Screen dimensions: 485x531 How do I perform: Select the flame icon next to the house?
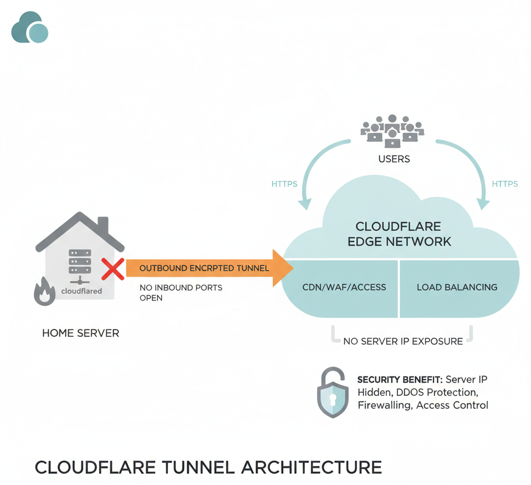click(x=45, y=291)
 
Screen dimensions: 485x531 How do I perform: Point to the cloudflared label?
click(x=81, y=291)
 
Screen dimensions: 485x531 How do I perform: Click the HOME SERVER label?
click(x=80, y=333)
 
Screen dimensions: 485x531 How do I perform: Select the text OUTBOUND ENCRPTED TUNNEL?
click(x=203, y=268)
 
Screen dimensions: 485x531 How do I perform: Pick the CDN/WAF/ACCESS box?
click(x=344, y=287)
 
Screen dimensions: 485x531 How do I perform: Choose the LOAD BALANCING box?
click(x=457, y=287)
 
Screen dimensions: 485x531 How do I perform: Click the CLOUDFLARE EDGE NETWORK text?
click(x=399, y=234)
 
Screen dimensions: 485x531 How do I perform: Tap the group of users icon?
click(x=392, y=131)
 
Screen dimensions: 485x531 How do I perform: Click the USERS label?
click(x=394, y=159)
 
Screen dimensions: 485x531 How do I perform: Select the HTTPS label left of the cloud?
click(x=284, y=184)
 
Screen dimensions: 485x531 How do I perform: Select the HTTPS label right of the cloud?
click(x=504, y=184)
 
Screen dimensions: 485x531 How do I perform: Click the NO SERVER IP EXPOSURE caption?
click(x=403, y=341)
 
